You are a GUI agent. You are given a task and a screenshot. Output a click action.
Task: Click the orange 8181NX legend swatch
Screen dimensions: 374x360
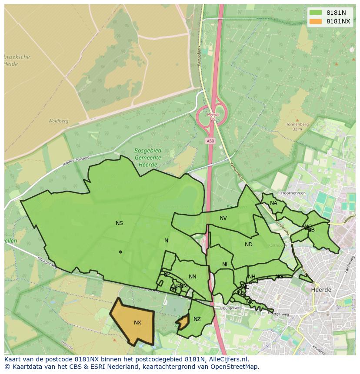tap(316, 21)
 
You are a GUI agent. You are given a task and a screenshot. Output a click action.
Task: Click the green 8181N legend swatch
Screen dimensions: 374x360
tap(316, 13)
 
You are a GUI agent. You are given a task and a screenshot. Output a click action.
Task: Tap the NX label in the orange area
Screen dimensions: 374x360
tap(137, 323)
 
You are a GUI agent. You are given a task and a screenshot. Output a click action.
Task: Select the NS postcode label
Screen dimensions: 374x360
tap(119, 223)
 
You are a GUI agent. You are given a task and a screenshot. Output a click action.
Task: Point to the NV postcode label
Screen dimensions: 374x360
tap(223, 218)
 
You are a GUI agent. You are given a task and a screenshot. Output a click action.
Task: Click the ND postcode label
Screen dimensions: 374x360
tap(249, 245)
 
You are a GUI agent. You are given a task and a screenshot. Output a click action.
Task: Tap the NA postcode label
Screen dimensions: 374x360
tap(273, 203)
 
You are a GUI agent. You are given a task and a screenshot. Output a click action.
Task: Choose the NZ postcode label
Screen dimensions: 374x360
tap(197, 319)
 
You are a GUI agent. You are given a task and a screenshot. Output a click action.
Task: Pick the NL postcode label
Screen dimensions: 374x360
tap(225, 265)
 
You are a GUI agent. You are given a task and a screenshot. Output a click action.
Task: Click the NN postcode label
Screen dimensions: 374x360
tap(193, 277)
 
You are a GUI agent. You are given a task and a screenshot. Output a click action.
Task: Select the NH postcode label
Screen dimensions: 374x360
tap(252, 277)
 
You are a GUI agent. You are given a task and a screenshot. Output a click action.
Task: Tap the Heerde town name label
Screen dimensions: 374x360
tap(321, 290)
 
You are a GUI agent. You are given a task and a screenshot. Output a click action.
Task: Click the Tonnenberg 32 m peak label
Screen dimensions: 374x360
tap(297, 126)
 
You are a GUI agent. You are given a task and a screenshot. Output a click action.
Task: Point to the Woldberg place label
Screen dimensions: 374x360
tap(58, 121)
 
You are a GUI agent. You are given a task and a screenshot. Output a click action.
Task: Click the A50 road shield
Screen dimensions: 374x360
tap(210, 141)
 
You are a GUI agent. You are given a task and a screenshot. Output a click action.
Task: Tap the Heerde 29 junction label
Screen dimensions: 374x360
tap(213, 117)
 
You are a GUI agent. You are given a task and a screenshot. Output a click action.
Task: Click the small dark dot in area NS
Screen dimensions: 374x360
tap(120, 252)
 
